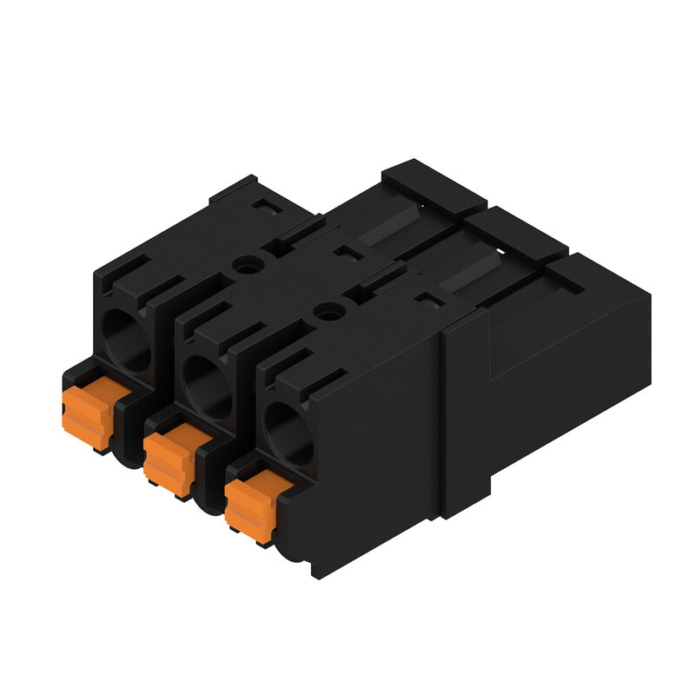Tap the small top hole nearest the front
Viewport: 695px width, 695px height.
coord(328,311)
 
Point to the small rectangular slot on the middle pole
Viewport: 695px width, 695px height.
coord(347,253)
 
